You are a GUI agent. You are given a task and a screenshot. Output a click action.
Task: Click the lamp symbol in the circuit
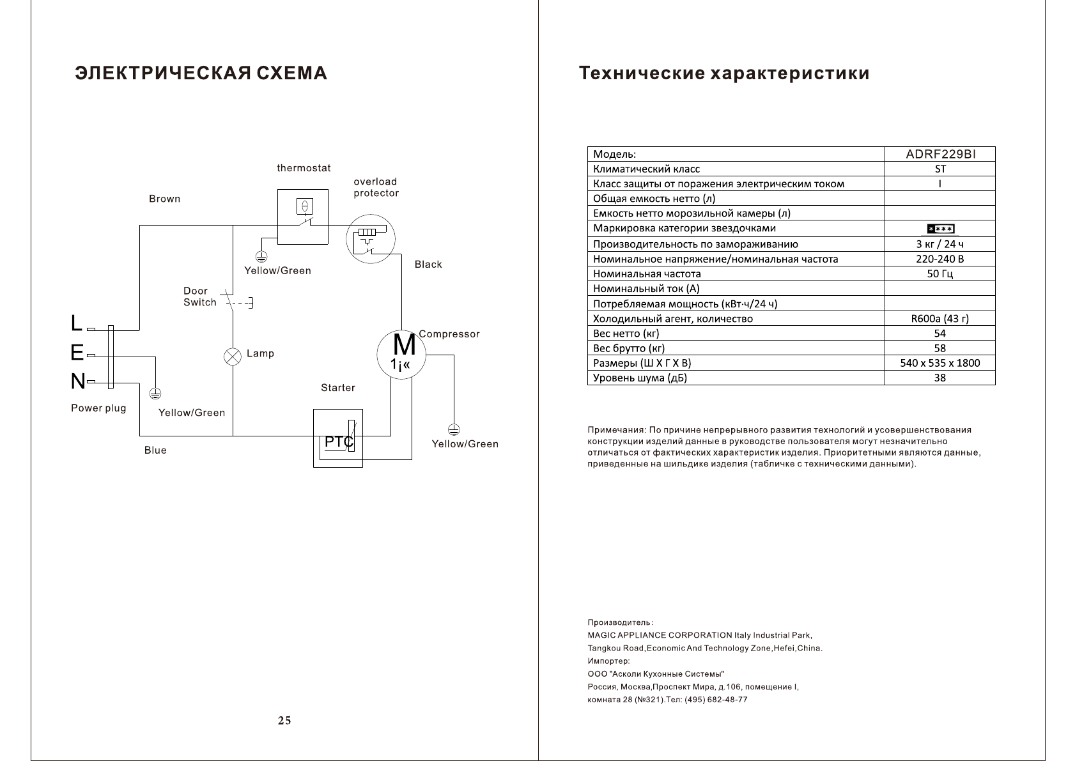(233, 356)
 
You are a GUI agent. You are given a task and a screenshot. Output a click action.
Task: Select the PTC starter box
(338, 438)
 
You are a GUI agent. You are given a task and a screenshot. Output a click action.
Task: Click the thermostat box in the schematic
(302, 216)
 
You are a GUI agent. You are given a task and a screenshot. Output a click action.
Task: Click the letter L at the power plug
(77, 324)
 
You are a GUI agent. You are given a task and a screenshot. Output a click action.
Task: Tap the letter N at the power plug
(77, 382)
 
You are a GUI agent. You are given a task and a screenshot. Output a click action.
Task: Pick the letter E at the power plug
(77, 353)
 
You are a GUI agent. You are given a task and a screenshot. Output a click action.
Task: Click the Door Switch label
(199, 296)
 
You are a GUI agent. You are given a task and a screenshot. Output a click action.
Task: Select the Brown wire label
(164, 199)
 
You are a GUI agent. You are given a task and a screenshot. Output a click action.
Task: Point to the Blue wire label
(155, 450)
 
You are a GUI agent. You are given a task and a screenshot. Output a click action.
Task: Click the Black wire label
(428, 265)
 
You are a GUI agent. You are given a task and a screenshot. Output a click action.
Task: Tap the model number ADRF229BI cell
(941, 154)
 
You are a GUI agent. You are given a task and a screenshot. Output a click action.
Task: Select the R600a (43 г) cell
(940, 318)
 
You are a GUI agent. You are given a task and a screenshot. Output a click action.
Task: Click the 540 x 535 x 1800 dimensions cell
(940, 363)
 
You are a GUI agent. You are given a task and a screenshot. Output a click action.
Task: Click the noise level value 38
(940, 378)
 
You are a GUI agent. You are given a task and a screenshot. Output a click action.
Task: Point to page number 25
(284, 721)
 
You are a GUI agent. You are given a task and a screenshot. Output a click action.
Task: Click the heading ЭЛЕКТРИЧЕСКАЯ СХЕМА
(201, 73)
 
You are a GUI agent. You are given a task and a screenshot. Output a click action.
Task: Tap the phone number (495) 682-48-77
(716, 700)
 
